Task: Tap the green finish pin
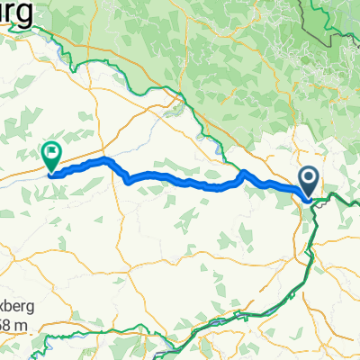[x=51, y=155]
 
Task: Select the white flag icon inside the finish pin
[x=51, y=152]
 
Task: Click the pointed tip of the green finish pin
[x=50, y=171]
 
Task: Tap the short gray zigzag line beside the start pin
[x=318, y=202]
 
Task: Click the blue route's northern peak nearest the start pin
[x=245, y=171]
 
